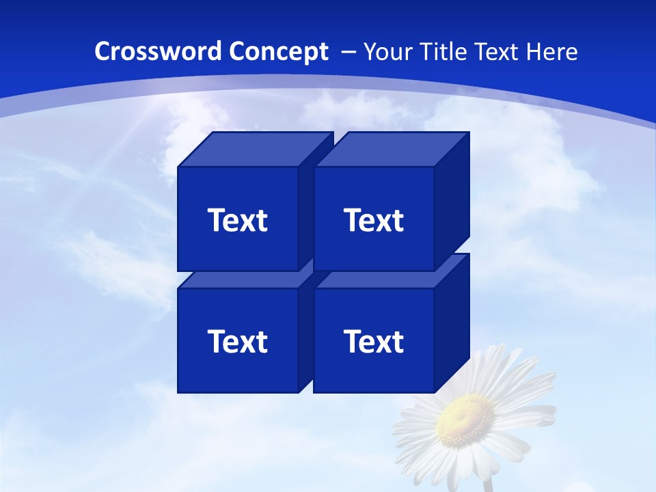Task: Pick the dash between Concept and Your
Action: coord(347,52)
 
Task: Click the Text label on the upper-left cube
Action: coord(238,220)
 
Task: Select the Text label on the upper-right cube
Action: coord(374,220)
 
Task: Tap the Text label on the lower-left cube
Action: coord(238,341)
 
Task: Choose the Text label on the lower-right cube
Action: coord(374,341)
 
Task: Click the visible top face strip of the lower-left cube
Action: coord(239,279)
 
